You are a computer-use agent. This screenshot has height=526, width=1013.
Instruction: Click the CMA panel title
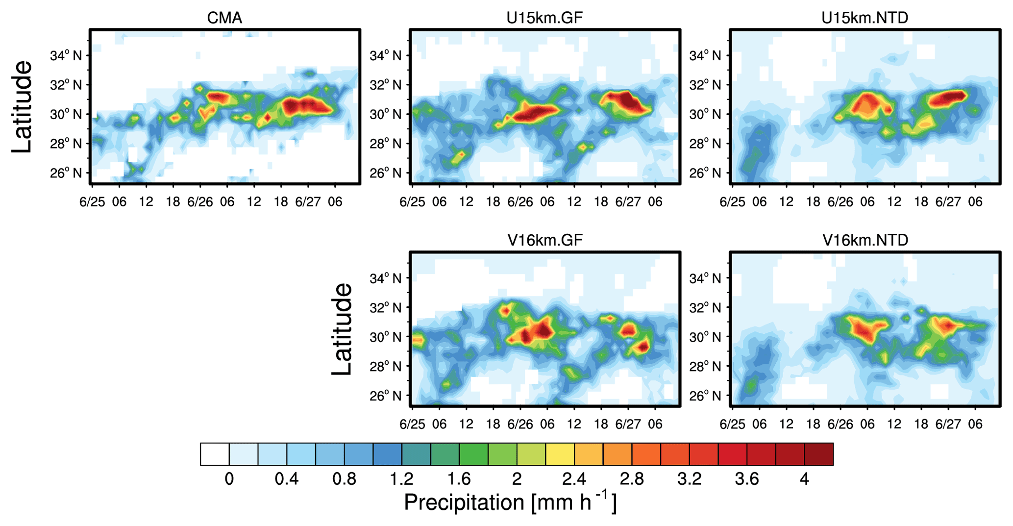[224, 18]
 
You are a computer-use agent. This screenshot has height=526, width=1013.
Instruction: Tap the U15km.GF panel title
[544, 18]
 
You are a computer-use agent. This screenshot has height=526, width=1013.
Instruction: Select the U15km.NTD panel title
[865, 18]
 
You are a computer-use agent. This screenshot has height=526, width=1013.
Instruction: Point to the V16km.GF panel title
[544, 240]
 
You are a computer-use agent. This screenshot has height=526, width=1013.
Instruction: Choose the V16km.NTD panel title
[865, 240]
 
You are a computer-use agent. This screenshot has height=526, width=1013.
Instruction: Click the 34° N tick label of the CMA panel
[66, 55]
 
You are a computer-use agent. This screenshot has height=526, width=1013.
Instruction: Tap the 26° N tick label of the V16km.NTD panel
[705, 396]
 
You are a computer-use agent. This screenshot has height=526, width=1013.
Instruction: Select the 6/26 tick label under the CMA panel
[200, 202]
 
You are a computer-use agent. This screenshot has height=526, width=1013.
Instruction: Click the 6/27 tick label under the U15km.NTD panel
[948, 202]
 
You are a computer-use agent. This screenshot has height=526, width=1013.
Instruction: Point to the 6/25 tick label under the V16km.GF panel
[412, 424]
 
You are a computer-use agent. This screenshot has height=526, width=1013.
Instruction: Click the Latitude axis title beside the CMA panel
[22, 107]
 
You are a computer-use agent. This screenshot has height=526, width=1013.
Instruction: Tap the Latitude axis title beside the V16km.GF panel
[342, 329]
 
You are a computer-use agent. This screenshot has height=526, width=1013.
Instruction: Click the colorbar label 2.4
[574, 478]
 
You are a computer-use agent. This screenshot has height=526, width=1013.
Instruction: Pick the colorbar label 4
[804, 478]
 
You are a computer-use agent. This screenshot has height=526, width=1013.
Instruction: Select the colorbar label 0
[229, 478]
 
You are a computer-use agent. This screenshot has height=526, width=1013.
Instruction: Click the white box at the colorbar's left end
[215, 454]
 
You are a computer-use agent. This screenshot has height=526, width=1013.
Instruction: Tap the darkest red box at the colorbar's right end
[818, 454]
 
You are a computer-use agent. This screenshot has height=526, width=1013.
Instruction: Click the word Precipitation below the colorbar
[464, 502]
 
